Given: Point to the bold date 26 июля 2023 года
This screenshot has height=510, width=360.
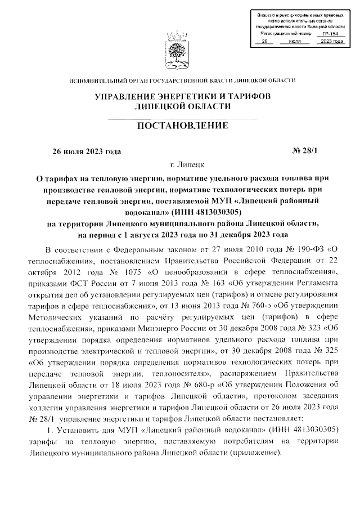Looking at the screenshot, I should click(86, 151).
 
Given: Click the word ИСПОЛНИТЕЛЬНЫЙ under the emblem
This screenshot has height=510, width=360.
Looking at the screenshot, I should click(99, 80).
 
